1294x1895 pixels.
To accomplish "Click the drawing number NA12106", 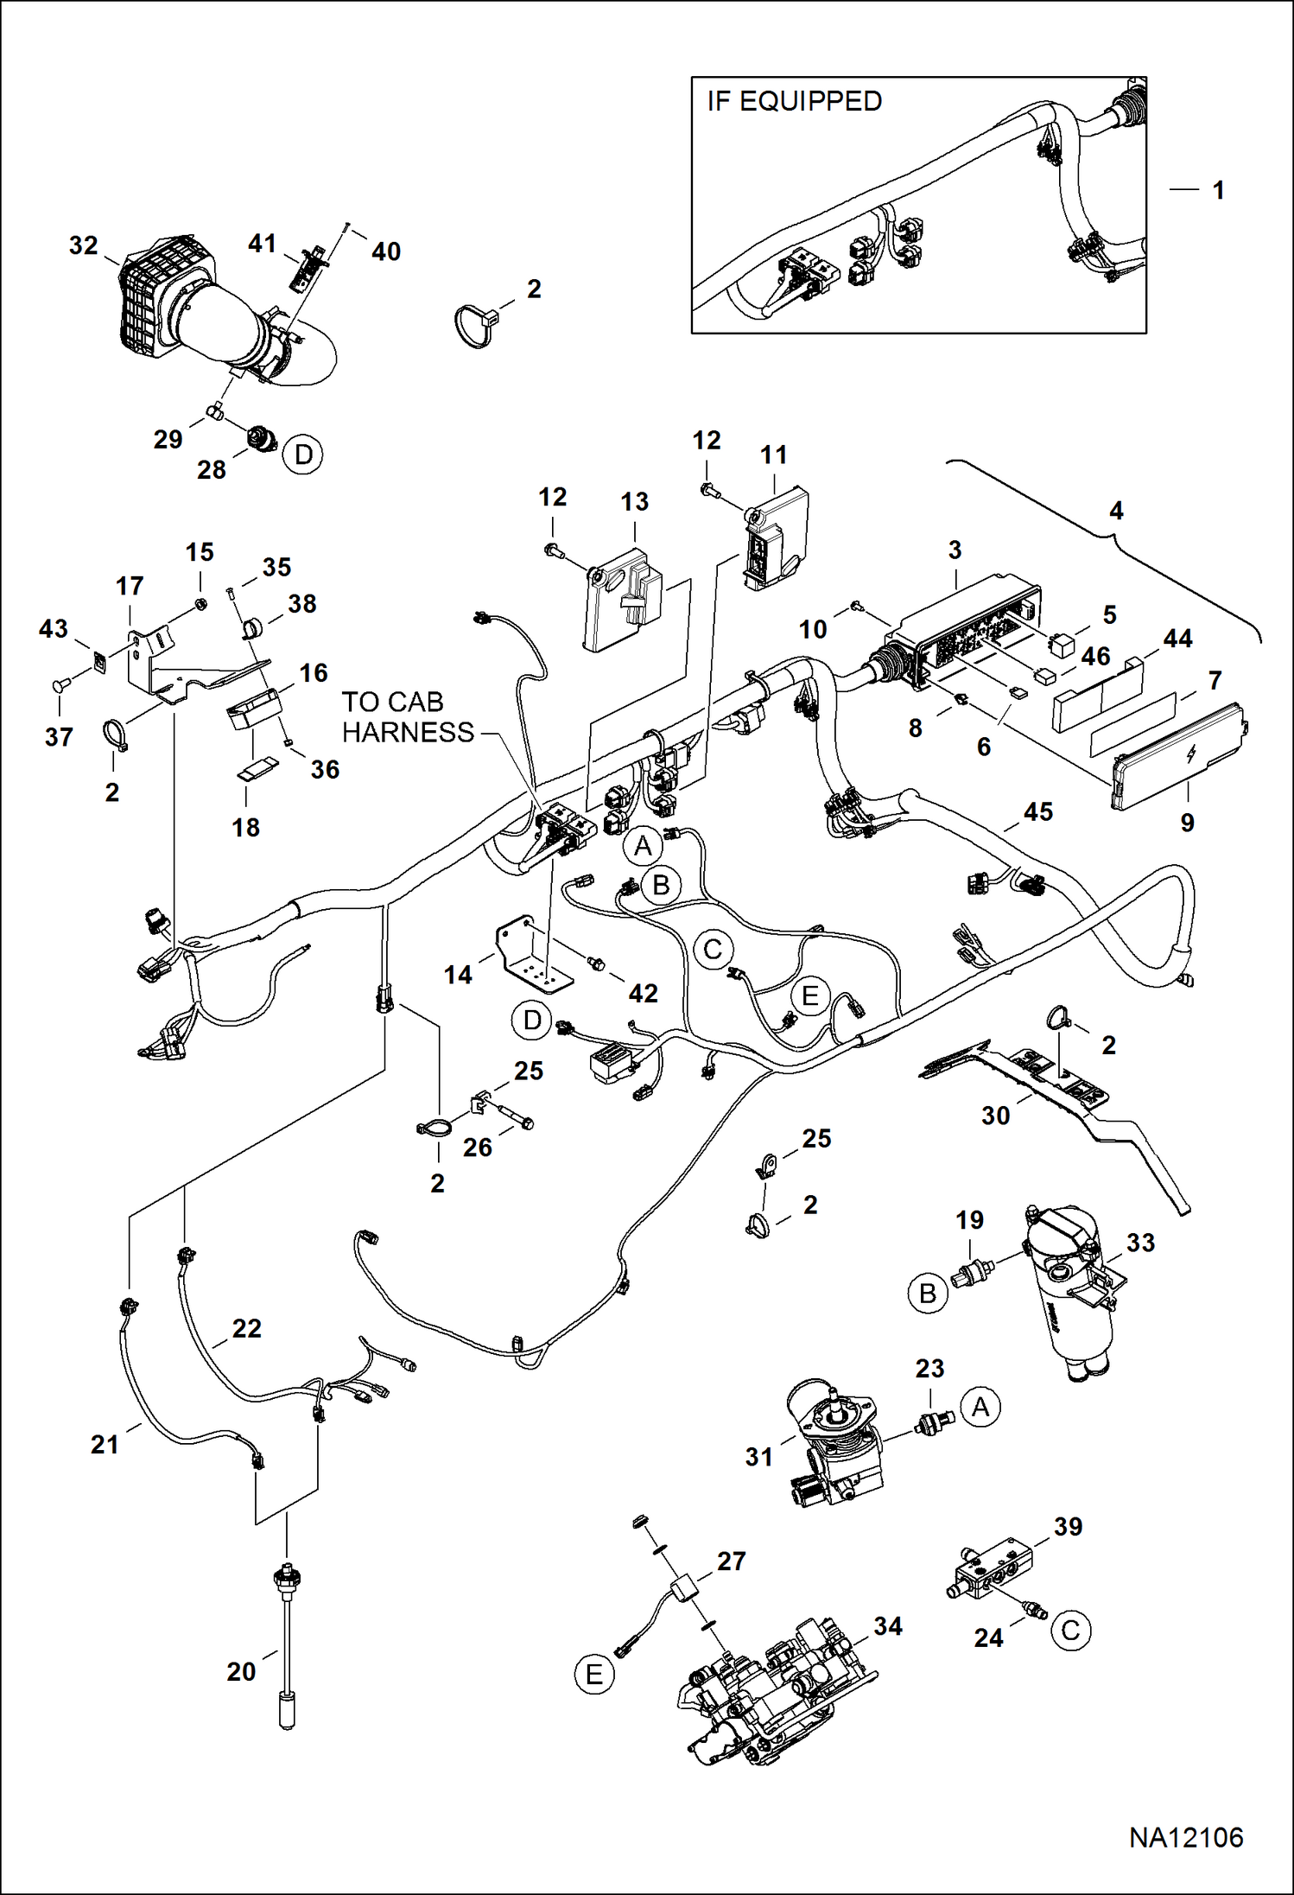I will tap(1185, 1838).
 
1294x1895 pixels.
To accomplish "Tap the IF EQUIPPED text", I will tap(794, 101).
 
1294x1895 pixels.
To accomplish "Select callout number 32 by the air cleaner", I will tap(83, 245).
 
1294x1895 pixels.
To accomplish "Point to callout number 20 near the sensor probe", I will tap(241, 1671).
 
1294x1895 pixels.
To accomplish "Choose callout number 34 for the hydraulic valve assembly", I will tap(887, 1626).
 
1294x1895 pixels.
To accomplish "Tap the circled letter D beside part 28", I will tap(303, 455).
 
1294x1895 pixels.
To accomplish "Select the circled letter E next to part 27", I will tap(594, 1675).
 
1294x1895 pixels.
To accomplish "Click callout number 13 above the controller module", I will tap(634, 502).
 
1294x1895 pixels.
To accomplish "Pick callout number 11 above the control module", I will tap(773, 455).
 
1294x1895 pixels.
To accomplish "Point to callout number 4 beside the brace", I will tap(1116, 511).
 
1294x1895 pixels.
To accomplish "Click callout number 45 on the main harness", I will tap(1037, 812).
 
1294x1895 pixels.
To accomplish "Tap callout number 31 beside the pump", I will tap(759, 1456).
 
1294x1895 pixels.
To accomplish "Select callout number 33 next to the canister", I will tap(1140, 1243).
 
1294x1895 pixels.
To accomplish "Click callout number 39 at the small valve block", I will tap(1068, 1526).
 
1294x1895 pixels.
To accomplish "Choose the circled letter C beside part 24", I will tap(1070, 1631).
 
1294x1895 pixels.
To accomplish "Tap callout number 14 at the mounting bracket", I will tap(458, 975).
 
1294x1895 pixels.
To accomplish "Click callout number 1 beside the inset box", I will tap(1218, 190).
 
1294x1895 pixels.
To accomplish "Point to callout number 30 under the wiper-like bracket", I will tap(995, 1116).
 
